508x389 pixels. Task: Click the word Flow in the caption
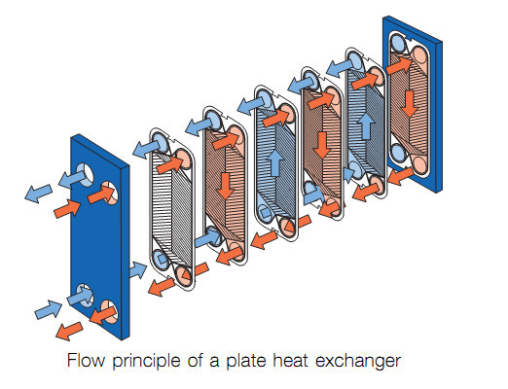[x=86, y=360]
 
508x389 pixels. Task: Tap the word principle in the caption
[x=147, y=362]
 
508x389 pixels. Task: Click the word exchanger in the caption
[x=358, y=362]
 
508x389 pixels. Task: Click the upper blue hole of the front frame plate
[x=85, y=174]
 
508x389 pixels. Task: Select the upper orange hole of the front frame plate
[x=110, y=194]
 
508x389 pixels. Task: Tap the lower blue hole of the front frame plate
[x=85, y=296]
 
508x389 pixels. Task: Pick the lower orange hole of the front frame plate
[x=110, y=312]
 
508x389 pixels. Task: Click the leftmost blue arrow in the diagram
[x=39, y=194]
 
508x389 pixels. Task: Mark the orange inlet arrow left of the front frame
[x=67, y=209]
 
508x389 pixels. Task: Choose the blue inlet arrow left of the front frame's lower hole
[x=49, y=309]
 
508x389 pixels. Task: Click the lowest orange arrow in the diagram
[x=69, y=331]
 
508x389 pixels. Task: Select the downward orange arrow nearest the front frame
[x=225, y=186]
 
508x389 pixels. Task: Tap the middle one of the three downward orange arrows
[x=322, y=145]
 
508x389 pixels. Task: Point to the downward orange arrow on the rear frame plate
[x=410, y=104]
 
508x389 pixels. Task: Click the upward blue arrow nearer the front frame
[x=275, y=162]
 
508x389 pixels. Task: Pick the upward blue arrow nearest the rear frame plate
[x=367, y=126]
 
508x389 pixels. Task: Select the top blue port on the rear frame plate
[x=398, y=44]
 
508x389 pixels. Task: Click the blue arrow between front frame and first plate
[x=138, y=270]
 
